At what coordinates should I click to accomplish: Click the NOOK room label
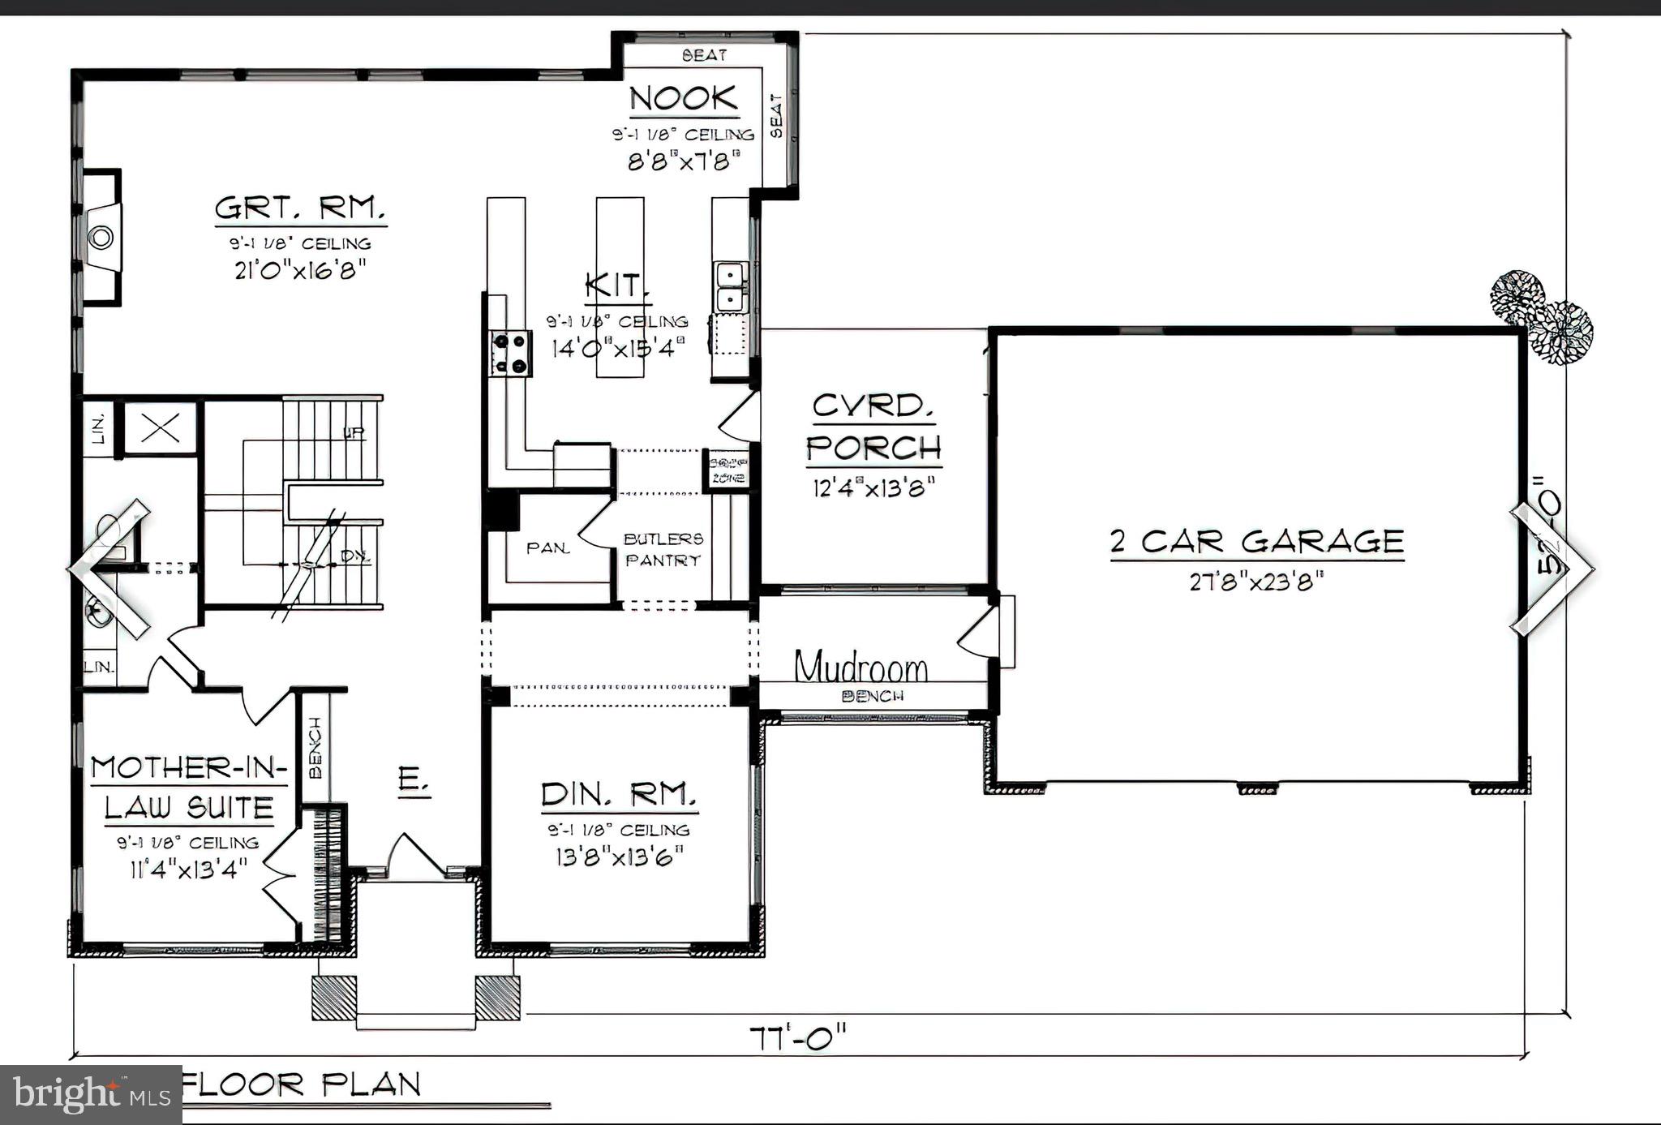[x=684, y=99]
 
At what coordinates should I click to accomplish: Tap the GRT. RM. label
[x=299, y=209]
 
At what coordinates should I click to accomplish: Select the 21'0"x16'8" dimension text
[x=300, y=268]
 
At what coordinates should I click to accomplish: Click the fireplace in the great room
[x=101, y=238]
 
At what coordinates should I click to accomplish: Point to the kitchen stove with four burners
[x=510, y=354]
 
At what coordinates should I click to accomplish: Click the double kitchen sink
[x=730, y=286]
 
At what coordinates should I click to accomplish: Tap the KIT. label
[x=616, y=286]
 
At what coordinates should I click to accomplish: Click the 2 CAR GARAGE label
[x=1256, y=542]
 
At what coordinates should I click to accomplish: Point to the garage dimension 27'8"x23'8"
[x=1256, y=582]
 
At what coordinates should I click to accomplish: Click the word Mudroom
[x=861, y=668]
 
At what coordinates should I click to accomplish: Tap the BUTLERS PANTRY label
[x=663, y=549]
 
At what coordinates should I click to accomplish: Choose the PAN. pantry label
[x=548, y=548]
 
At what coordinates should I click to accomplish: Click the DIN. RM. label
[x=619, y=795]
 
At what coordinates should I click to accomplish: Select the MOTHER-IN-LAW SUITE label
[x=188, y=787]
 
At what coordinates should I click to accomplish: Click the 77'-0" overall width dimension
[x=798, y=1037]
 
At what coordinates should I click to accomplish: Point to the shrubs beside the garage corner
[x=1541, y=316]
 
